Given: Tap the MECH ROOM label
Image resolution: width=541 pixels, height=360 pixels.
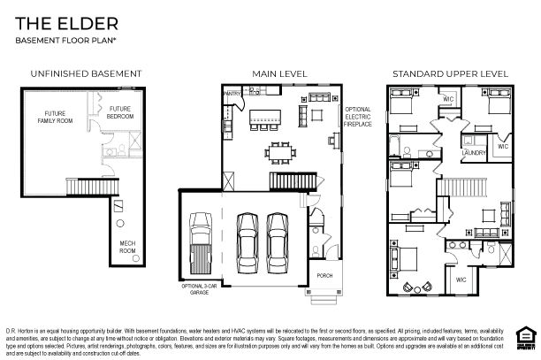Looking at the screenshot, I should point(127,248).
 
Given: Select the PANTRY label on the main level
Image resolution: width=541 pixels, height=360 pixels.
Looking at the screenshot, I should point(232,92).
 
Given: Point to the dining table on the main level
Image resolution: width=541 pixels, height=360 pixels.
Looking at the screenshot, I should point(279,151).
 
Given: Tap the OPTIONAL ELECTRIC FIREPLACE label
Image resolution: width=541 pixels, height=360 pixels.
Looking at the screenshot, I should point(358,116).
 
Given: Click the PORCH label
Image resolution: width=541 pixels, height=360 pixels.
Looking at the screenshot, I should point(324,275).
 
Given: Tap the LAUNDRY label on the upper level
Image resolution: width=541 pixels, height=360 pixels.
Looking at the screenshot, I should point(473,153).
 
